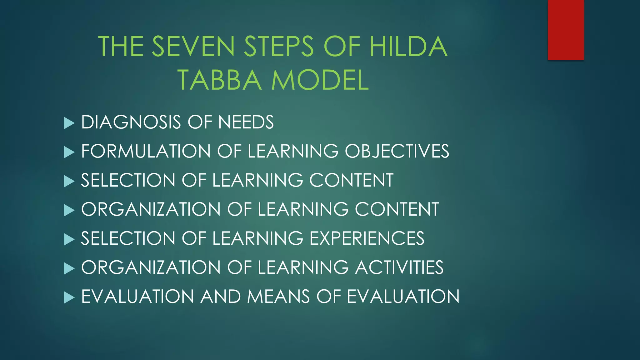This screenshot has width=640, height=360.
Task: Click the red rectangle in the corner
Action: click(566, 30)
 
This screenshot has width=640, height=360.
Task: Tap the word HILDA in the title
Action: click(408, 47)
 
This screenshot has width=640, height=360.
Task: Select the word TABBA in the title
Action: click(219, 80)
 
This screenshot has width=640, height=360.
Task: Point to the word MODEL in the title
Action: click(320, 80)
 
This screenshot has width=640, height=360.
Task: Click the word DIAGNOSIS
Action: click(131, 122)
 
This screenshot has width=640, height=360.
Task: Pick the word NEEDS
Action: click(246, 122)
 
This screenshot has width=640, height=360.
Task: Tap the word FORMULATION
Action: click(146, 151)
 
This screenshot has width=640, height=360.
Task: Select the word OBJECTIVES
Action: click(397, 151)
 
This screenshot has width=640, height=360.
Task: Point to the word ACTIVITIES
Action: click(399, 267)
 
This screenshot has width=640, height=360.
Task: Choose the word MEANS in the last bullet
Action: click(278, 297)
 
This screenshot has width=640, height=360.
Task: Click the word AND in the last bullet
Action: click(220, 297)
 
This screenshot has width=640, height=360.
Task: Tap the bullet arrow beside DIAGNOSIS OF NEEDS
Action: click(69, 123)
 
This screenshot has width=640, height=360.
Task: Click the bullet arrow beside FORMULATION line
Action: click(69, 152)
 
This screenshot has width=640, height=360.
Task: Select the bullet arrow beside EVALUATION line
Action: click(69, 297)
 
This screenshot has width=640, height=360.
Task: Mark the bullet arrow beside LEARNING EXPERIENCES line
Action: click(69, 239)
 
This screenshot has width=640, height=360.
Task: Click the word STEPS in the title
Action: click(278, 47)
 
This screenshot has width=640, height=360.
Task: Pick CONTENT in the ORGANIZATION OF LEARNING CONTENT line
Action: click(397, 209)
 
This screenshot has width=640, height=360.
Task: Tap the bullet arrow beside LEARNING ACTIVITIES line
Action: click(69, 268)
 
